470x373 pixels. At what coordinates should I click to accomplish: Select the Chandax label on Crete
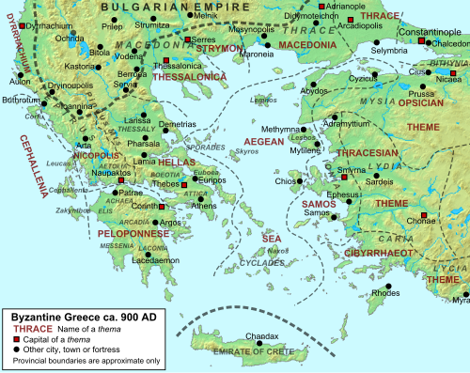pyautogui.click(x=262, y=335)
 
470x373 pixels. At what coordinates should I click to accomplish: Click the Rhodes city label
pyautogui.click(x=385, y=293)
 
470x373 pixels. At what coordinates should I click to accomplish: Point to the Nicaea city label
pyautogui.click(x=446, y=79)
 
